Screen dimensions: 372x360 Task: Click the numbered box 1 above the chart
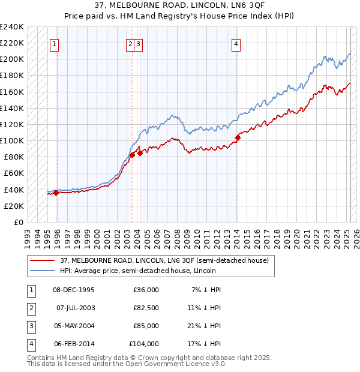coord(54,43)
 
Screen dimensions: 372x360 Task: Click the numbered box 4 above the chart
coord(236,43)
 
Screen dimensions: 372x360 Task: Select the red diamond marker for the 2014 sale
coord(238,137)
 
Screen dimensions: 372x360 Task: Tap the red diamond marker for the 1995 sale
coord(56,193)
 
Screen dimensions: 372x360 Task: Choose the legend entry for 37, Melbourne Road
coord(167,260)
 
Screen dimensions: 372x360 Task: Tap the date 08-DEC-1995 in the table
coord(74,290)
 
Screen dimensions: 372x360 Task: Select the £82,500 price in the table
coord(146,308)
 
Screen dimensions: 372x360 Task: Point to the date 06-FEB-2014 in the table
coord(74,344)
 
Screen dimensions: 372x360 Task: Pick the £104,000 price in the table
coord(144,344)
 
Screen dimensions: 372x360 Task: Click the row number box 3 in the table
coord(29,326)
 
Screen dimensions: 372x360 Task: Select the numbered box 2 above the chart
coord(130,43)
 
